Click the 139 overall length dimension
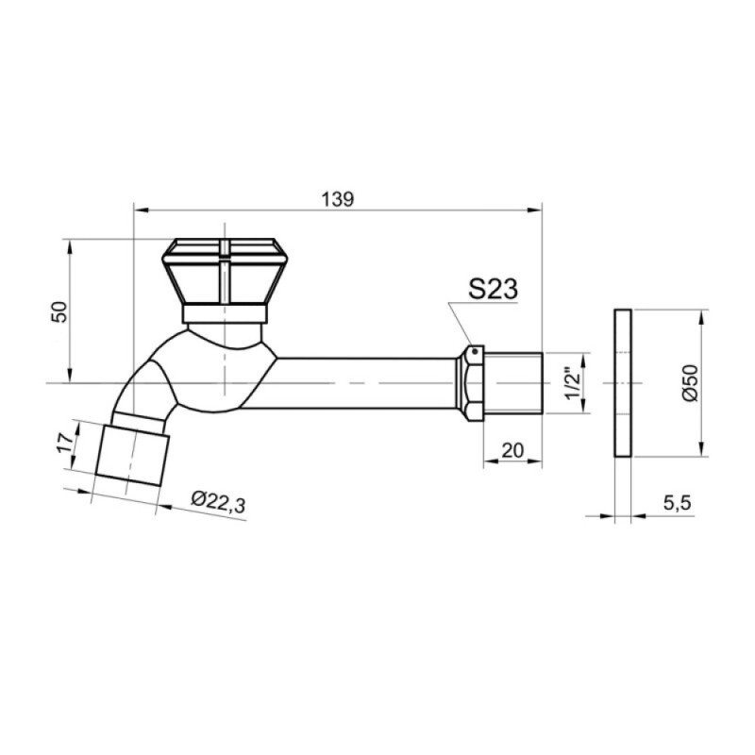tap(338, 199)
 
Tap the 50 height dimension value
tap(60, 312)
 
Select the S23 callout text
tap(493, 289)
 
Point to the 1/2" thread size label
tap(572, 384)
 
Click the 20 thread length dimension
tap(512, 451)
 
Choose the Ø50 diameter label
tap(690, 383)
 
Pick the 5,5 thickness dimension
tap(677, 503)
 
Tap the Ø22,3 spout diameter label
tap(218, 502)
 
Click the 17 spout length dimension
tap(64, 442)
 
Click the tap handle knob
tap(225, 271)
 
